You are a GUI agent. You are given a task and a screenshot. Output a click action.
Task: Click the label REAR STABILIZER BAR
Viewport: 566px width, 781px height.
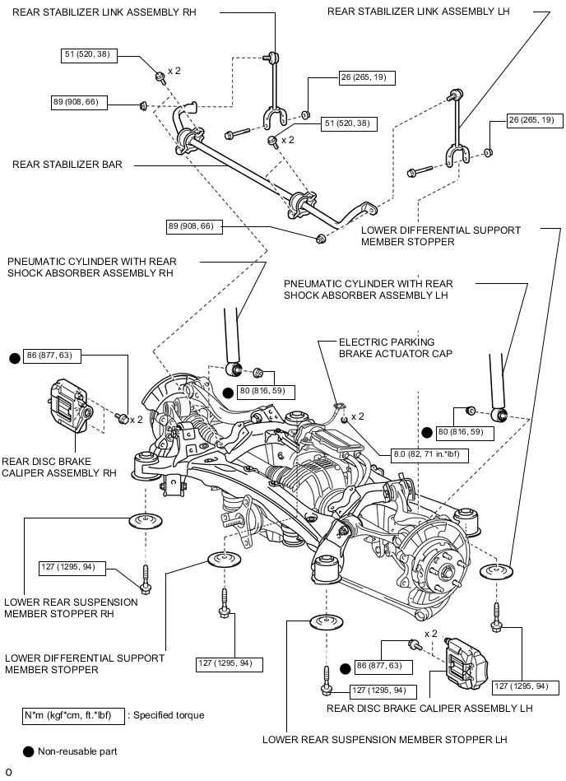(67, 165)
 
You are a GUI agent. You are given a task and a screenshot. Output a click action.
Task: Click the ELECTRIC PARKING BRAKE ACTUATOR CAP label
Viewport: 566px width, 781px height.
(387, 348)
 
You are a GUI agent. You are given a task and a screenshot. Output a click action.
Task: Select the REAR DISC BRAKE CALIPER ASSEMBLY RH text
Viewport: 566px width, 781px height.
(59, 467)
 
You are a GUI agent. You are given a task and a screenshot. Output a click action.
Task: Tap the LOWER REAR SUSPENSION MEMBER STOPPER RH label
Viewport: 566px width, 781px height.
(71, 607)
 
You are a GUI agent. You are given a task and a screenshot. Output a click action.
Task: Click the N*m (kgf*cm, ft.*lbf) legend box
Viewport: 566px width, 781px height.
(72, 714)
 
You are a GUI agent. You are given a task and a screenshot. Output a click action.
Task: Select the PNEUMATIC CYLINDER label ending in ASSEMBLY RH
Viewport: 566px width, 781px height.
(91, 267)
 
